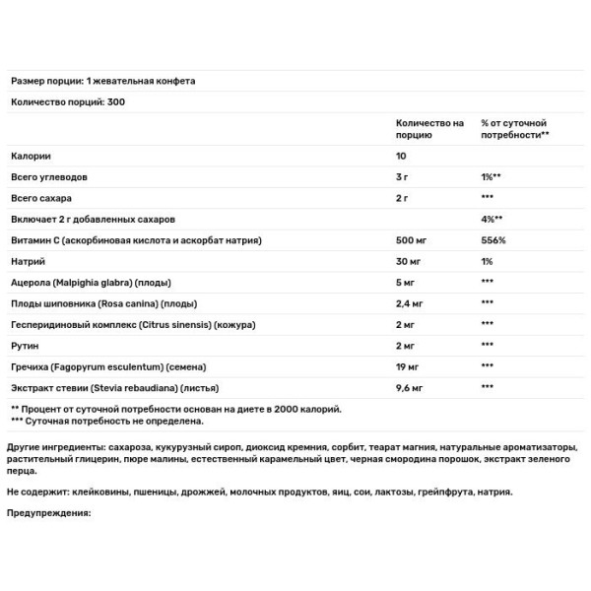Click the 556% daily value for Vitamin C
pos(492,240)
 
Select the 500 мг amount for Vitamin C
pos(399,240)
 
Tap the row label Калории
pos(31,157)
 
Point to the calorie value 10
pos(388,157)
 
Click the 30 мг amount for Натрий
pos(396,261)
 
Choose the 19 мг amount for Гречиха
pos(395,365)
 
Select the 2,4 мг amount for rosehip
pos(398,303)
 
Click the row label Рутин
pos(26,345)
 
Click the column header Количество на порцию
pos(423,128)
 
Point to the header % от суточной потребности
pos(514,128)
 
